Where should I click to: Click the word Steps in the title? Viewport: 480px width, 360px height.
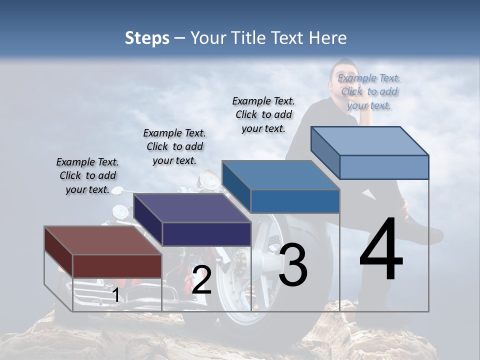147,38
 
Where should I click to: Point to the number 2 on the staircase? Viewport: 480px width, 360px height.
201,280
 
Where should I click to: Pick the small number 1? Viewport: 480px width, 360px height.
115,295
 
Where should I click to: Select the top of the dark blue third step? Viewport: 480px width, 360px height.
280,175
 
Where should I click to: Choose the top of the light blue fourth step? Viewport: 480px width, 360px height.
370,141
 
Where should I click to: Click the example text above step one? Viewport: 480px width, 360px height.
88,175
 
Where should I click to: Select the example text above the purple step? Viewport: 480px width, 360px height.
174,146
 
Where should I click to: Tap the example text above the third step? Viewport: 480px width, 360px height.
263,114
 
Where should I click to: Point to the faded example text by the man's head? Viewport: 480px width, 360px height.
369,91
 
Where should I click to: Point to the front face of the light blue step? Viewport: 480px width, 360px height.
384,167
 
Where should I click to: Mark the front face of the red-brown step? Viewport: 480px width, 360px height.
117,265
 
